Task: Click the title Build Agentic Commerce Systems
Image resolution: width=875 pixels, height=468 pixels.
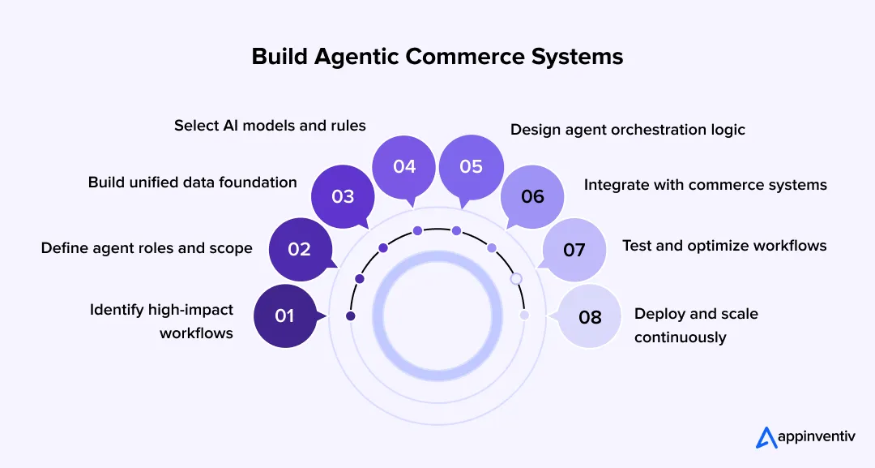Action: [x=437, y=57]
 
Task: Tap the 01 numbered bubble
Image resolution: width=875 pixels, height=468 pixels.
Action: [x=284, y=316]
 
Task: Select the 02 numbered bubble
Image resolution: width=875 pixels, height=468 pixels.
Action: [x=300, y=249]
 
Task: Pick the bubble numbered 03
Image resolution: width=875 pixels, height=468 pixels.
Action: [x=343, y=197]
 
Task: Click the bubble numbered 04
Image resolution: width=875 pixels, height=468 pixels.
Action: [x=404, y=166]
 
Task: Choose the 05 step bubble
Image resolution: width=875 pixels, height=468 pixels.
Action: [x=471, y=166]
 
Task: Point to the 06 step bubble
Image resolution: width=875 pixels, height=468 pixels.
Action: [x=532, y=197]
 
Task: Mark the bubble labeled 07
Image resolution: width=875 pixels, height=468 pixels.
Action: [x=574, y=249]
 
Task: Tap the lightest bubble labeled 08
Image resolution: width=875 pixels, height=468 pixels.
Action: [x=590, y=316]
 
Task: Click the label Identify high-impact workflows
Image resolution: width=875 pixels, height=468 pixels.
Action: [x=162, y=321]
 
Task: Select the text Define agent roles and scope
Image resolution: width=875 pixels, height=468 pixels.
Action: [x=147, y=248]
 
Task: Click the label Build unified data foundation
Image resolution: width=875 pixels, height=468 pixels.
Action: [x=193, y=182]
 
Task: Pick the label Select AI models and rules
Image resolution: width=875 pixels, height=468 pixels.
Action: [x=270, y=126]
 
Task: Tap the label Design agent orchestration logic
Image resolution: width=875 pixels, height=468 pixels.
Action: [x=627, y=130]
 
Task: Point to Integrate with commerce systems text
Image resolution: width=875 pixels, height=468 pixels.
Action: [x=705, y=185]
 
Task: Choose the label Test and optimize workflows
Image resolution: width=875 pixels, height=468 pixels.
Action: [x=724, y=245]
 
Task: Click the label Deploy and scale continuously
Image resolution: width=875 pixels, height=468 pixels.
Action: [x=695, y=325]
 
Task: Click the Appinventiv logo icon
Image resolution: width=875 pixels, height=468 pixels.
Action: [x=766, y=437]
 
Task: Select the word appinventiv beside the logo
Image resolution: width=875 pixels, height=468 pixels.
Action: [x=818, y=438]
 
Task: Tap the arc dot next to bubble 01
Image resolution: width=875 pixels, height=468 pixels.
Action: [x=351, y=316]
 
